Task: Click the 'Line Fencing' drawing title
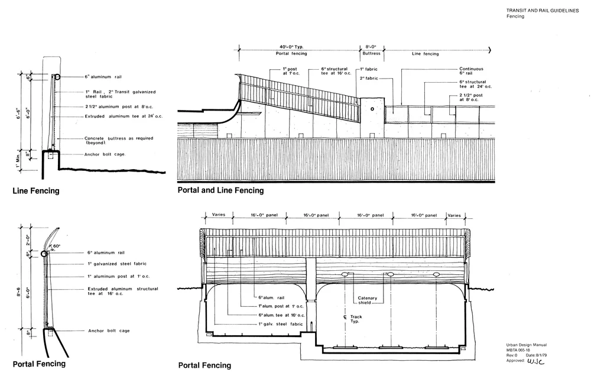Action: pos(35,191)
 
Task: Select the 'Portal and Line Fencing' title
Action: pos(220,190)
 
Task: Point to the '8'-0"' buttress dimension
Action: pos(371,46)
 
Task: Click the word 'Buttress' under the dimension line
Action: pos(371,54)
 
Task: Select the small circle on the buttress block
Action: pos(372,109)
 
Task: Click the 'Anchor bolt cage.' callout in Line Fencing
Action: pos(105,155)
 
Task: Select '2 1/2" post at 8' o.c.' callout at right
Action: pos(472,98)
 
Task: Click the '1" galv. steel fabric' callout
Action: pos(280,325)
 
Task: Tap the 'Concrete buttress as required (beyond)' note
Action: pos(112,141)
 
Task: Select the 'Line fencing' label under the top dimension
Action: pos(425,54)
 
